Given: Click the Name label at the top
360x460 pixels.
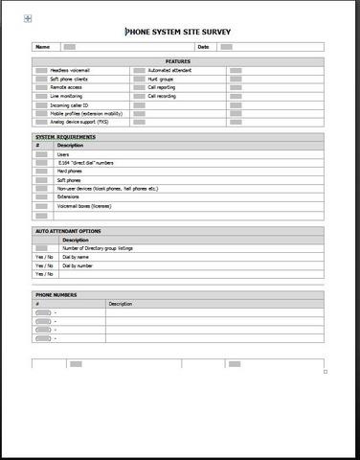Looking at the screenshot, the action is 42,46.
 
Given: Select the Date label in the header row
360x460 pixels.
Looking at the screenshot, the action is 203,46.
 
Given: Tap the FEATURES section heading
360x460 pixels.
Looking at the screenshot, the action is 178,61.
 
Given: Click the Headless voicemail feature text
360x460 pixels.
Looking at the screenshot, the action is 68,70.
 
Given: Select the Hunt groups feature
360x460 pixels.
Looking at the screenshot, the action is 161,79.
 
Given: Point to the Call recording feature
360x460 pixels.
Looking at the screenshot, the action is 163,96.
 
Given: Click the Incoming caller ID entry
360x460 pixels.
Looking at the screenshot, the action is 69,104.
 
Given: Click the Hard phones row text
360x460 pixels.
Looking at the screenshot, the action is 70,172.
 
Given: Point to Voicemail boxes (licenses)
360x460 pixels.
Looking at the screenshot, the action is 83,206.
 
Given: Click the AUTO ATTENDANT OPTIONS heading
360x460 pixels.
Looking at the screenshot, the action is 68,231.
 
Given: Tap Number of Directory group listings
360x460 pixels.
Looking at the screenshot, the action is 98,248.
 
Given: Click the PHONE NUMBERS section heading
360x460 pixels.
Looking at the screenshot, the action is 56,294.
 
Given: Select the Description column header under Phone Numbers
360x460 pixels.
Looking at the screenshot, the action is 121,303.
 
